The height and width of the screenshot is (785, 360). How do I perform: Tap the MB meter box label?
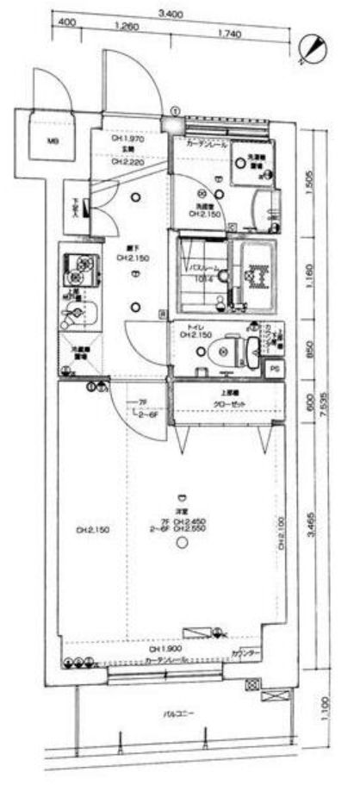[52, 142]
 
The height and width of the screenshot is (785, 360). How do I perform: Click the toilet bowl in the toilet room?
[223, 349]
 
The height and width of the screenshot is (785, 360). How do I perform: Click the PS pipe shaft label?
[273, 368]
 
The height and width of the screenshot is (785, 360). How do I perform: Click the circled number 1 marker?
[175, 110]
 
